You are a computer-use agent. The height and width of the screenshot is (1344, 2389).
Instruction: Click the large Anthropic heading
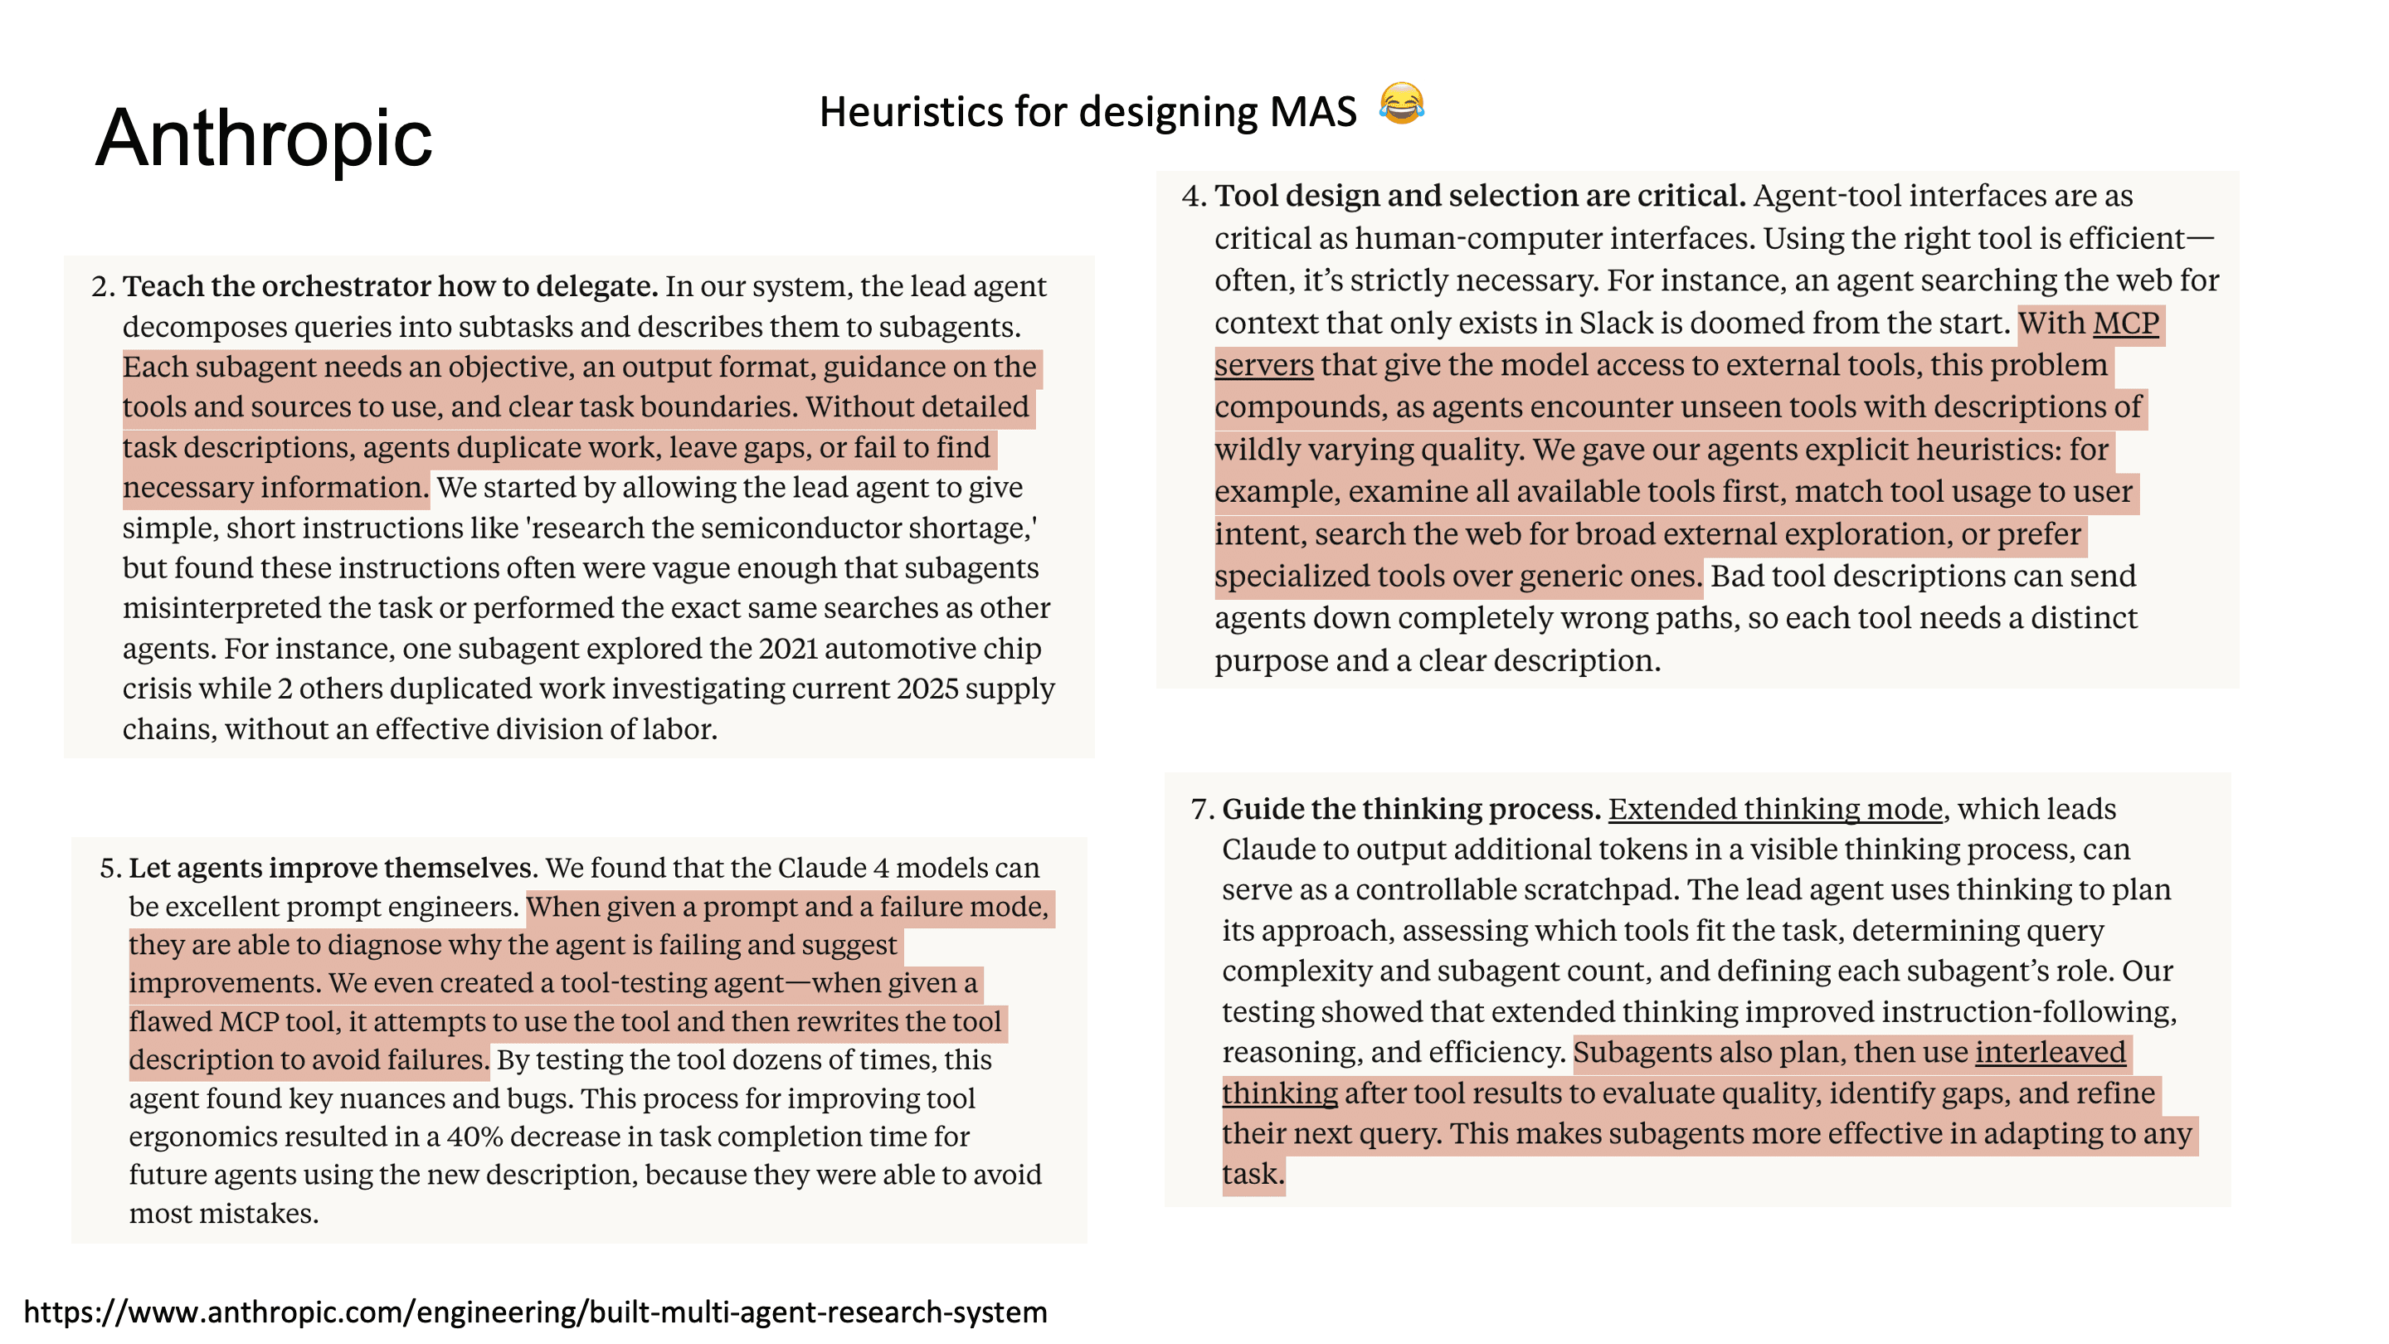click(x=265, y=139)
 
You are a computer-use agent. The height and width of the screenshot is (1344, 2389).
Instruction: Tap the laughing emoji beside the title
click(x=1400, y=104)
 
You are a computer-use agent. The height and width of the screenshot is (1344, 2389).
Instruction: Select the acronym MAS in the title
click(x=1312, y=112)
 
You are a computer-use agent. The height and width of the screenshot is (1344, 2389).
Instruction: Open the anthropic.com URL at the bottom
click(x=535, y=1312)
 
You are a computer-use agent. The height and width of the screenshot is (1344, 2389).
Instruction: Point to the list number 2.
click(x=102, y=286)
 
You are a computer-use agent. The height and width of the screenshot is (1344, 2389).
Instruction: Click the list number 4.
click(x=1193, y=197)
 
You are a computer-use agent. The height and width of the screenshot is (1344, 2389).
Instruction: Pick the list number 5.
click(x=109, y=868)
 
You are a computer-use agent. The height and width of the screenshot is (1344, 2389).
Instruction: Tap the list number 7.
click(x=1201, y=810)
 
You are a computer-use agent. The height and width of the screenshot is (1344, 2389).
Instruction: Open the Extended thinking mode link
click(x=1774, y=810)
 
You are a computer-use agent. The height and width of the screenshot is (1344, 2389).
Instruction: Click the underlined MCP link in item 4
click(x=2125, y=324)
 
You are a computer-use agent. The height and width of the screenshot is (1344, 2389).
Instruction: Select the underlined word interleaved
click(x=2050, y=1053)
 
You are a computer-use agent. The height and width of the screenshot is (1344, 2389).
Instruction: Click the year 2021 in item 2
click(x=787, y=648)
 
